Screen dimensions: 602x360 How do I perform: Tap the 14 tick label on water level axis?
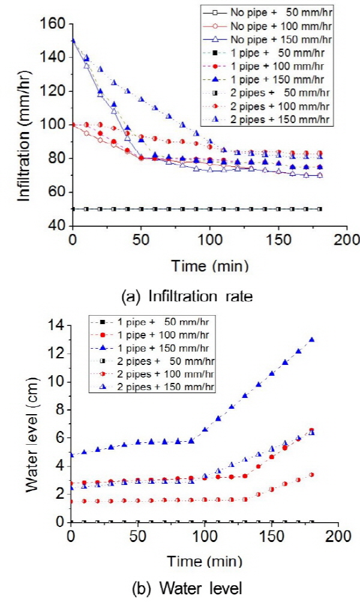[58, 325]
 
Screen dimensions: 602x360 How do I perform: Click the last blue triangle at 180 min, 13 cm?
[311, 340]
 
